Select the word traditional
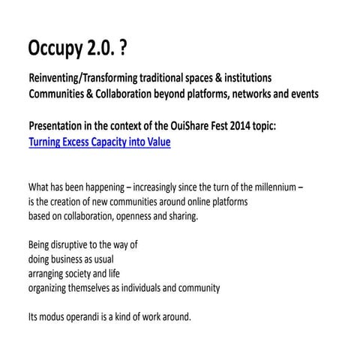(160, 78)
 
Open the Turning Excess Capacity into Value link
(99, 141)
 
